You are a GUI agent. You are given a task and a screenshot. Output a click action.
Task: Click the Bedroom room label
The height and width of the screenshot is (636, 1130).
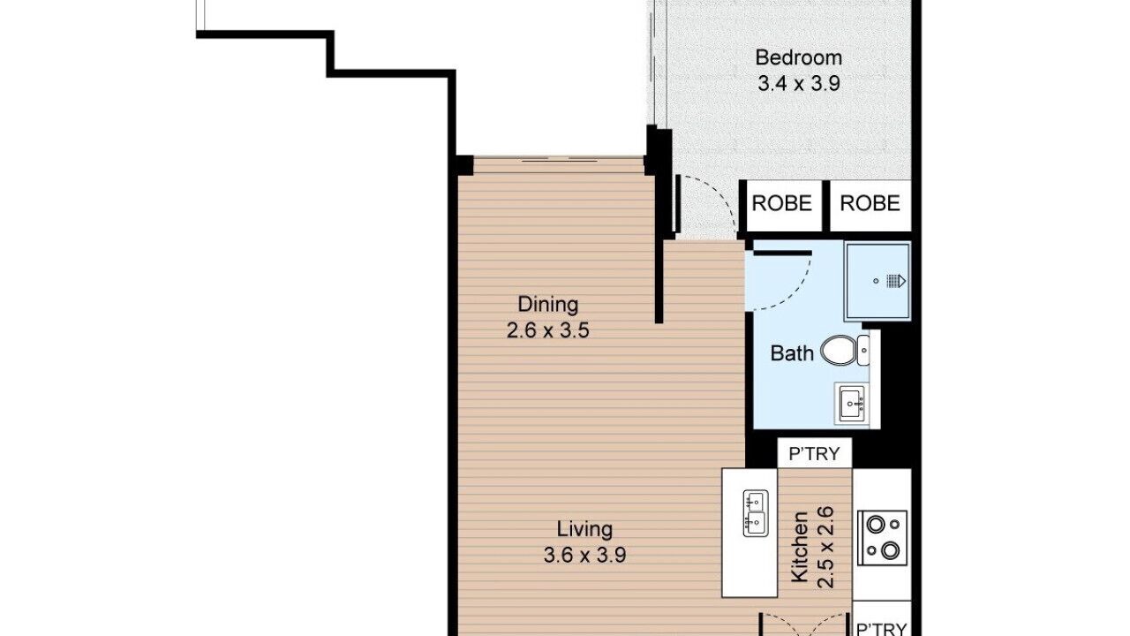[799, 57]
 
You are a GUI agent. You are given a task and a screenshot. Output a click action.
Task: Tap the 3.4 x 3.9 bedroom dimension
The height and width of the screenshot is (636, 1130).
[799, 83]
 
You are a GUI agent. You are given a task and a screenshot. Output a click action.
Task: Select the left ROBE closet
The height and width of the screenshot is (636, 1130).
[782, 203]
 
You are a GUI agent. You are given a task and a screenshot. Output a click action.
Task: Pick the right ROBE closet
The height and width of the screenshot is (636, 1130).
[870, 203]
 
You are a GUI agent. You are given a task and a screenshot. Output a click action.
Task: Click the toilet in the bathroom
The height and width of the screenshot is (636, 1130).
[845, 350]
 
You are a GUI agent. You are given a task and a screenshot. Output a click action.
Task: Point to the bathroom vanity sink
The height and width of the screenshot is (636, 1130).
[852, 404]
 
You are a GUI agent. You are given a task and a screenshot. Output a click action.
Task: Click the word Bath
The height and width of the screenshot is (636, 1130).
[792, 353]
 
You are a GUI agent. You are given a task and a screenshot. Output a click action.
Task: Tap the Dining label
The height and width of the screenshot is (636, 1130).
[548, 305]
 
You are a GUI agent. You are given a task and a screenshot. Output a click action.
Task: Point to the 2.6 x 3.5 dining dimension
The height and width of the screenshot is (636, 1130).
[548, 331]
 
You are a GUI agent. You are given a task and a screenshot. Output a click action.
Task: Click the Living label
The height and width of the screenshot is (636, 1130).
[584, 529]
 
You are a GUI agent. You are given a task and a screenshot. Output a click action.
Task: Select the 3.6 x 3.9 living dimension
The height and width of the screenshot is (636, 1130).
[584, 556]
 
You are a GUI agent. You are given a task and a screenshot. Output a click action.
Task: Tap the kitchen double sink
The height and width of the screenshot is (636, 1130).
[755, 513]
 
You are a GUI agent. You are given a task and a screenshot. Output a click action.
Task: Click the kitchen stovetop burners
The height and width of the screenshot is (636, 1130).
[882, 538]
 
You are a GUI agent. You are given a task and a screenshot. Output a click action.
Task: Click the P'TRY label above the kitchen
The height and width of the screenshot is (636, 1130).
[814, 454]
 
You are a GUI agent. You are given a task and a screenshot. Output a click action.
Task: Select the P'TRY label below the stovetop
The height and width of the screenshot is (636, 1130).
[882, 628]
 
